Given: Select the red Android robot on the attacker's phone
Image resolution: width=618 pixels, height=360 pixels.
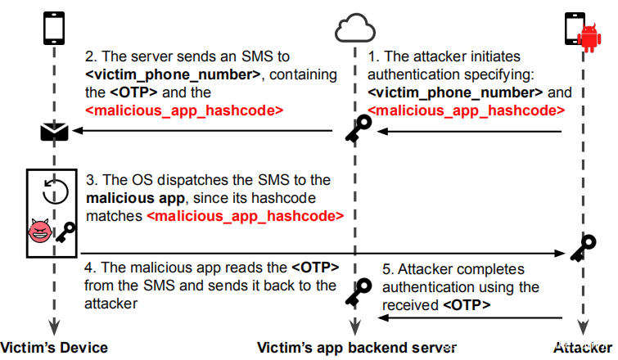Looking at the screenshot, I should tap(587, 36).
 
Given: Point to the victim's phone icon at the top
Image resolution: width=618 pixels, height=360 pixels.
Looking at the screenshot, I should tap(55, 26).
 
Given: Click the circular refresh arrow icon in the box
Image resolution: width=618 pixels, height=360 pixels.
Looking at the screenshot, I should tap(55, 191).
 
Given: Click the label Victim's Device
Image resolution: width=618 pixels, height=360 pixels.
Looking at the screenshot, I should tap(54, 348).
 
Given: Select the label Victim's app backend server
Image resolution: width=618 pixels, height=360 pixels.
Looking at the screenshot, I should tap(354, 348).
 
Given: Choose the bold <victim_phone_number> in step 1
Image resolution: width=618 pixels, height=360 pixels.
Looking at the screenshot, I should tap(455, 92).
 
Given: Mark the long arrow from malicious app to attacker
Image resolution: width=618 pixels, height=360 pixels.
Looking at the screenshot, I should tap(319, 253).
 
